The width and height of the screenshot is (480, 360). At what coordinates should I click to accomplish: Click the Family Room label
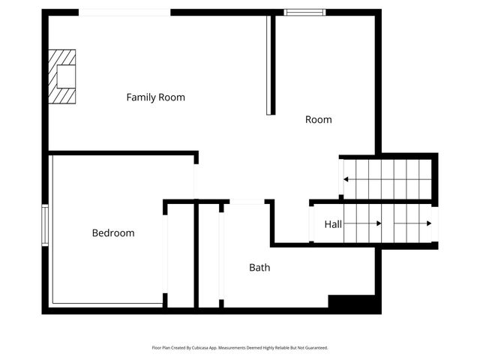pos(155,97)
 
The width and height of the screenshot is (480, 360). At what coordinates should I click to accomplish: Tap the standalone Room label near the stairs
pos(318,119)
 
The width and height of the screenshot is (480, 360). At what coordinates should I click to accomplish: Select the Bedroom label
pos(113,233)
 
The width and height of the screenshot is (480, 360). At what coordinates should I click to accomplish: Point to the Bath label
pos(259,268)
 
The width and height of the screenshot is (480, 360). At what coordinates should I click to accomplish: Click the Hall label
pos(333,224)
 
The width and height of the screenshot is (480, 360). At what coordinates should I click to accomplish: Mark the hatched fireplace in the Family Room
pos(63,76)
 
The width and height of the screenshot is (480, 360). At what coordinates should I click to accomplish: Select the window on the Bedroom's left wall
pos(46,224)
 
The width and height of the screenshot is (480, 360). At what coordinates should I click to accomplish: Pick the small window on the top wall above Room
pos(304,12)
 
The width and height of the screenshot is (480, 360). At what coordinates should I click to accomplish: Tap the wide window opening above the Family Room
pos(124,12)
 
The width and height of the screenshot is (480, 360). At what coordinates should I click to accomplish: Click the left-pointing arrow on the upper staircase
pos(346,180)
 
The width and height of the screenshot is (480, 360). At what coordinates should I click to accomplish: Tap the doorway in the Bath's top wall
pos(247,201)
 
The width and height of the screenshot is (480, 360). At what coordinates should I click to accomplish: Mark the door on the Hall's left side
pos(311,223)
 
